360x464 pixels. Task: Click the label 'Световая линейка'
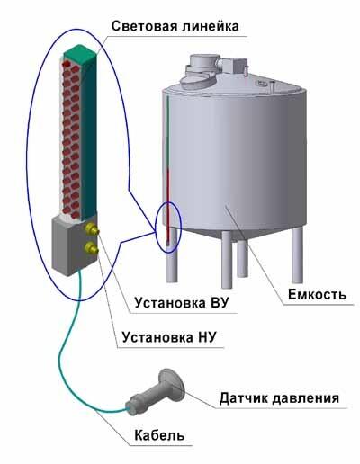175,26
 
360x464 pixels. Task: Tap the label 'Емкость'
317,294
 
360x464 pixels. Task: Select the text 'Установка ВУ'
182,303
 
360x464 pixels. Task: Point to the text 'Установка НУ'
169,337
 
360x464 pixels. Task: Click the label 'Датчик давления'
279,398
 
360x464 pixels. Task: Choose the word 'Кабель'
159,435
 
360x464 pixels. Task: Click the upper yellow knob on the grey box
93,229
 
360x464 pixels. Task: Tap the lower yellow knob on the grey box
92,247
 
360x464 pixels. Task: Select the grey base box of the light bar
75,245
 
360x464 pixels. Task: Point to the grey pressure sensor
156,393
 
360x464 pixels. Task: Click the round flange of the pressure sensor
172,384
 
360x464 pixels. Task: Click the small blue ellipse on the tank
168,227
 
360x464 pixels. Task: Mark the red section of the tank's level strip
168,203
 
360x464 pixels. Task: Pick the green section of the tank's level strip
168,132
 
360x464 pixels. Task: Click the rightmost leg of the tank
297,254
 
